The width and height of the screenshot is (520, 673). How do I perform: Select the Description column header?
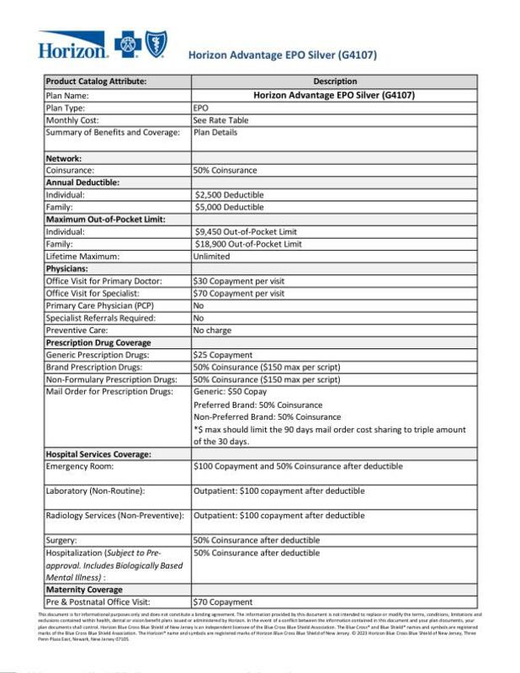(x=335, y=82)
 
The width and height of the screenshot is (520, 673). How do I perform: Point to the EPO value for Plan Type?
(x=201, y=108)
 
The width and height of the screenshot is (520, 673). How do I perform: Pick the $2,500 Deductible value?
(x=229, y=194)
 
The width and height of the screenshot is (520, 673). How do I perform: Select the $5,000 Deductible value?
(x=229, y=207)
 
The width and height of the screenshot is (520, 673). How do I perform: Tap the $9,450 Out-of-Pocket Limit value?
(x=246, y=231)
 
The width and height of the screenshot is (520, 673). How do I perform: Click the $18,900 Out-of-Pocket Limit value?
(x=247, y=244)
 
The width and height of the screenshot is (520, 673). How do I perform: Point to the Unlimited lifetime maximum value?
(x=211, y=256)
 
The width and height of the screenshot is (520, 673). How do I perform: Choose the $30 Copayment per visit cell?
(x=239, y=281)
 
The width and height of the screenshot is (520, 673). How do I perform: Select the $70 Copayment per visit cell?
(x=239, y=294)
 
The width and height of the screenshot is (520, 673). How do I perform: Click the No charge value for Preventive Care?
(x=212, y=331)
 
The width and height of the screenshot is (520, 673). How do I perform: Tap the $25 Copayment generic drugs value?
(x=223, y=355)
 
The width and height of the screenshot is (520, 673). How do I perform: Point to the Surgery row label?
(x=61, y=540)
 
